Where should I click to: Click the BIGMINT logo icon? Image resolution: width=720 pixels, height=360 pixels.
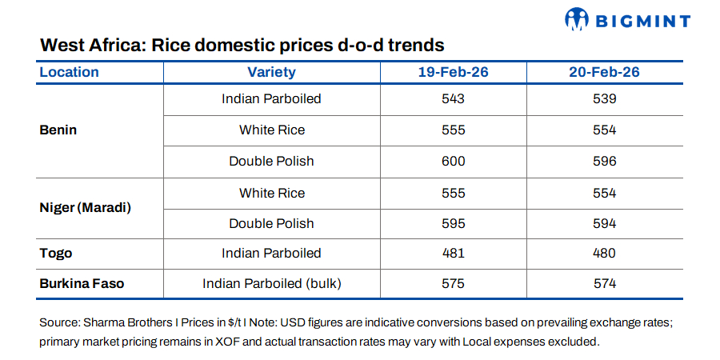click(x=578, y=18)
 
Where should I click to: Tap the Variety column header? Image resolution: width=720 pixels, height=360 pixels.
click(x=271, y=72)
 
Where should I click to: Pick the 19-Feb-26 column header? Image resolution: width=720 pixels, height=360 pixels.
click(x=453, y=72)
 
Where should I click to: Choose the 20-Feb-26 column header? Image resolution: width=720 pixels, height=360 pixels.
click(x=604, y=72)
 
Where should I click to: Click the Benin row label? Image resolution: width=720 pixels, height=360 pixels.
click(x=58, y=130)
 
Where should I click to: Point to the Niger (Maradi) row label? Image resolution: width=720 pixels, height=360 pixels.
click(x=85, y=208)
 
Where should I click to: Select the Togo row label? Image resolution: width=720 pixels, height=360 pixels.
click(x=56, y=253)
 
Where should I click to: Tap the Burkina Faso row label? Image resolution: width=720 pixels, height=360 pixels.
click(x=82, y=283)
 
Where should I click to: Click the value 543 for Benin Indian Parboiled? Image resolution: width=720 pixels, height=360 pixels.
click(x=453, y=99)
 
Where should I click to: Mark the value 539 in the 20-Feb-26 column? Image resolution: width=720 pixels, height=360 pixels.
click(x=604, y=99)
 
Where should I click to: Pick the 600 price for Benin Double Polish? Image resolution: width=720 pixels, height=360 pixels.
click(x=453, y=161)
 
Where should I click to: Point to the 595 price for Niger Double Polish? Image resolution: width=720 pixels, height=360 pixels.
click(x=453, y=223)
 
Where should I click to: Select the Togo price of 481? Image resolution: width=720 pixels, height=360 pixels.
click(x=453, y=253)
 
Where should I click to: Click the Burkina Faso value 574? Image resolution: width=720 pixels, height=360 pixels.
click(x=604, y=283)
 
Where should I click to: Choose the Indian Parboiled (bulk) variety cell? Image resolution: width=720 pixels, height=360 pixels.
click(x=271, y=283)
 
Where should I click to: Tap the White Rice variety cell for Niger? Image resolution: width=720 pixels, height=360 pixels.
click(x=271, y=193)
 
